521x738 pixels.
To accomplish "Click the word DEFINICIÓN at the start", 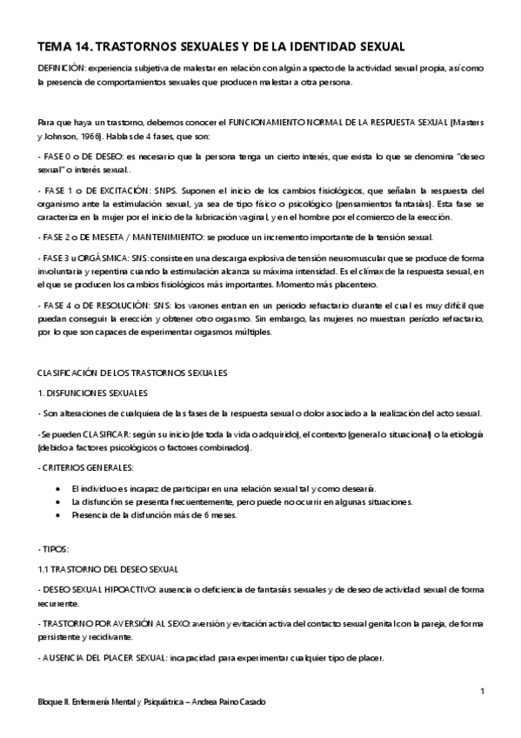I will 61,67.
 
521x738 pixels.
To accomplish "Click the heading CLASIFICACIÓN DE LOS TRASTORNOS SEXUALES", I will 132,373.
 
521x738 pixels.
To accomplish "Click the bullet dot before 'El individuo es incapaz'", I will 57,488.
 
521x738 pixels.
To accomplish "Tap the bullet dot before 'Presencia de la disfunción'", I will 57,515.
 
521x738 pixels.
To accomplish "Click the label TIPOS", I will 51,549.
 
